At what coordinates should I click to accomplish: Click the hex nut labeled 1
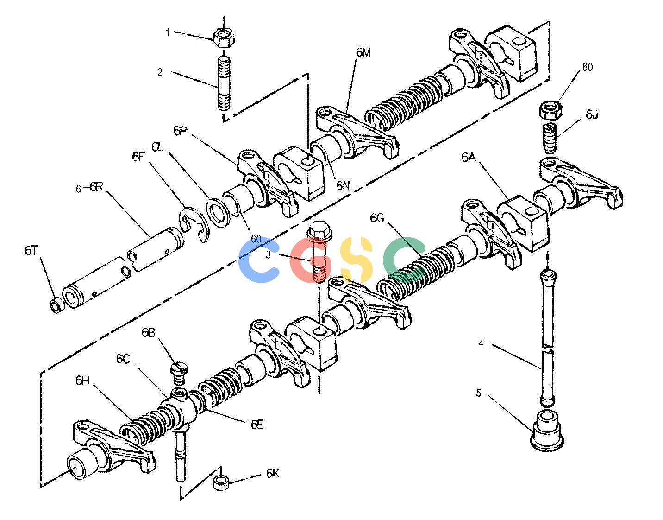click(x=224, y=38)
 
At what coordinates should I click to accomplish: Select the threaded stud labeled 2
click(x=224, y=83)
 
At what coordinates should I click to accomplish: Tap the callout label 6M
click(x=363, y=53)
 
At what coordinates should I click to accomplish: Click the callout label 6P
click(x=180, y=131)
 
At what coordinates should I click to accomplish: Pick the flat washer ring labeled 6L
click(x=218, y=213)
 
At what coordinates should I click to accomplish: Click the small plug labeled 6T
click(x=57, y=305)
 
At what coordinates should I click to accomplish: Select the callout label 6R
click(x=97, y=187)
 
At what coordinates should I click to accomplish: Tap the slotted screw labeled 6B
click(x=180, y=374)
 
